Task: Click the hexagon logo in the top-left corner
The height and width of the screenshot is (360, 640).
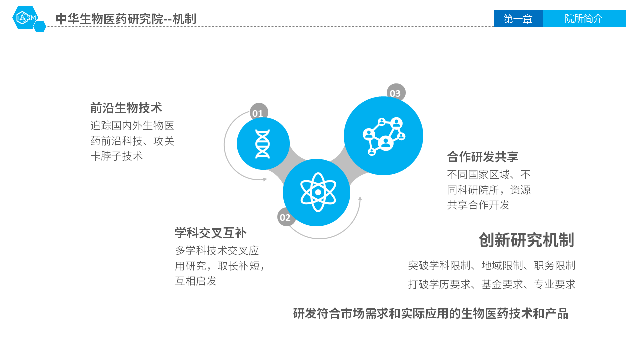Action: (29, 19)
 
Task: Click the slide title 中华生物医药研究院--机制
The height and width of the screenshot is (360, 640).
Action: (126, 19)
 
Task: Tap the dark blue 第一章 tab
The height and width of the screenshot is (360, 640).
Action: (518, 19)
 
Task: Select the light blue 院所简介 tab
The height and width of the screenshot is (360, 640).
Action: (584, 19)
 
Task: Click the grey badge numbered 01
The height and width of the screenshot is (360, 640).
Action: (259, 112)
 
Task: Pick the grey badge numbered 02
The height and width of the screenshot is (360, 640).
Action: (285, 217)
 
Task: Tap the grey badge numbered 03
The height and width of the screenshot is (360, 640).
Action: (396, 93)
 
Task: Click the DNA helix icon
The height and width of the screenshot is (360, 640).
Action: (263, 144)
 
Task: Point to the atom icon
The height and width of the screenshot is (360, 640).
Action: (318, 192)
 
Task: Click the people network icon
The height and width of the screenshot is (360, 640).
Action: (384, 136)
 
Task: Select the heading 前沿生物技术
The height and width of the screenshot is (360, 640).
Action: (126, 108)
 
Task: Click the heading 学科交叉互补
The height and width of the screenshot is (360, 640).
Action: (211, 233)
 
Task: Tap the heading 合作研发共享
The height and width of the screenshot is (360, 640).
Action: (483, 157)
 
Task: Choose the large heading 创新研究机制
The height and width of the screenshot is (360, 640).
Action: (526, 240)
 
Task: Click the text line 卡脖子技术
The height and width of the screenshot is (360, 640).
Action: (117, 156)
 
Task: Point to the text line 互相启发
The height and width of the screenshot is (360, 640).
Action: (196, 281)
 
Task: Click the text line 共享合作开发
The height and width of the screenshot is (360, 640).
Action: (478, 205)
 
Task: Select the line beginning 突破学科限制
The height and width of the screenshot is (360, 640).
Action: (491, 265)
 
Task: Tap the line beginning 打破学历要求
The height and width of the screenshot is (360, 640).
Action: (491, 284)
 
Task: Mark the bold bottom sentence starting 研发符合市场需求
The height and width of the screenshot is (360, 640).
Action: (431, 313)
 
